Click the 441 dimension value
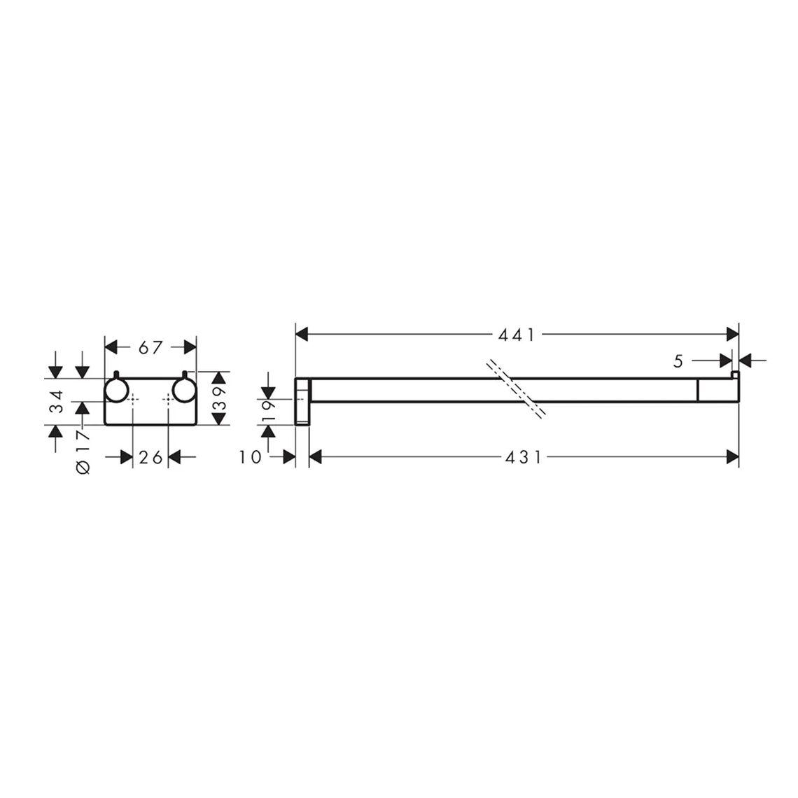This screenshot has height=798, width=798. [517, 335]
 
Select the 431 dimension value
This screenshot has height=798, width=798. [524, 458]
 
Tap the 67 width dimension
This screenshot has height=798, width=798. [150, 348]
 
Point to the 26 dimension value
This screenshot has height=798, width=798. [150, 458]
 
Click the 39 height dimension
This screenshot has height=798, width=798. [218, 398]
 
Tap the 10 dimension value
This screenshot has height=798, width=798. [250, 458]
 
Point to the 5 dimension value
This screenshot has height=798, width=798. [678, 361]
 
